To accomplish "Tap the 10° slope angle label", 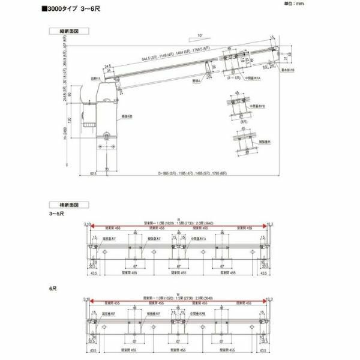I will [199, 36].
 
